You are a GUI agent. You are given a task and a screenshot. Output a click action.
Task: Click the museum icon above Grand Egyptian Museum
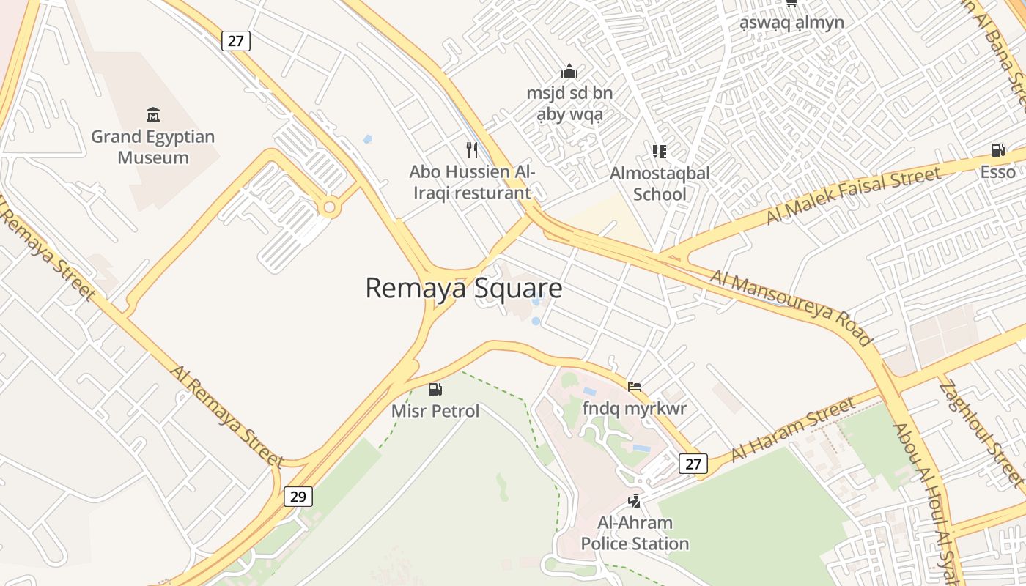pos(153,114)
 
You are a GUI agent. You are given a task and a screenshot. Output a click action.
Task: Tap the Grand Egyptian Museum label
pos(153,147)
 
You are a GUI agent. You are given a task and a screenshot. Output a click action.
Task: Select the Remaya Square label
pos(463,288)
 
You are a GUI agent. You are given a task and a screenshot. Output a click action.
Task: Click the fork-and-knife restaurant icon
pos(472,150)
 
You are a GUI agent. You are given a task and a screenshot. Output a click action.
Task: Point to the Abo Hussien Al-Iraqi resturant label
pos(471,182)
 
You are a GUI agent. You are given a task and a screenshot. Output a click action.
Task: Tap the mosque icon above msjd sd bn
pos(569,71)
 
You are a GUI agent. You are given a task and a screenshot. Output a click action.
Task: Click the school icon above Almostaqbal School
pos(660,152)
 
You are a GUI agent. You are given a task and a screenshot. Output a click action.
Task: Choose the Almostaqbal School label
pos(660,184)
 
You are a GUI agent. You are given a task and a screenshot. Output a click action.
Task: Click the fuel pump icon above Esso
pos(997,150)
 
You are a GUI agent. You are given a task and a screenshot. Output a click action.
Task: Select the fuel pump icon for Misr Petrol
pos(435,390)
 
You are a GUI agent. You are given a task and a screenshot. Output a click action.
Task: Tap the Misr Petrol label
pos(435,411)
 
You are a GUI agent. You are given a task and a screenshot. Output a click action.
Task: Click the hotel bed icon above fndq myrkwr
pos(635,386)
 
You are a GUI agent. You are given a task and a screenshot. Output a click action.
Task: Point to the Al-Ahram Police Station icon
pos(635,501)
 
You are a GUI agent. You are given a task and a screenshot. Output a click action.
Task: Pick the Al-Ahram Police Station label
pos(635,533)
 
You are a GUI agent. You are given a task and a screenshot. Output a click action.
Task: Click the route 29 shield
pos(298,497)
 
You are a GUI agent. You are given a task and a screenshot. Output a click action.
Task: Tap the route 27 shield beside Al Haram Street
pos(693,463)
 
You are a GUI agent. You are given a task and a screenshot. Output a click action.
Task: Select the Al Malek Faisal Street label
pos(853,196)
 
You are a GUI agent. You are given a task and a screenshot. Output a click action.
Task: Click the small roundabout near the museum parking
pos(329,208)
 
